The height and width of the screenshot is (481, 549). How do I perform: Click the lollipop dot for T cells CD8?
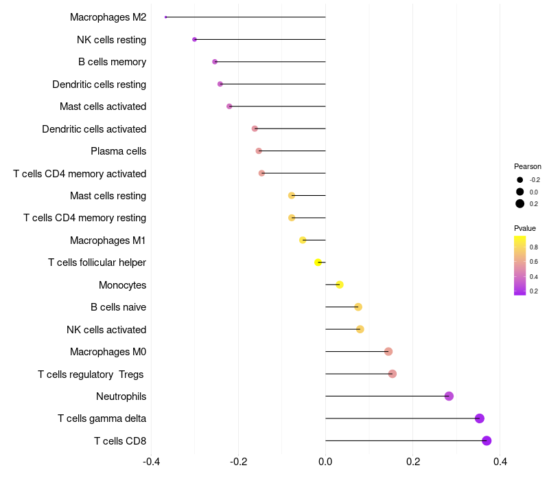[x=487, y=440]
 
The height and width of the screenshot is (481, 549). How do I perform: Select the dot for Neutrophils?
[x=449, y=396]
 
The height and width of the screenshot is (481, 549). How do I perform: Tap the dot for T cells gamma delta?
[x=479, y=418]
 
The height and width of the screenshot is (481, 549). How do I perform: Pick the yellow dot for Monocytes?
[x=339, y=284]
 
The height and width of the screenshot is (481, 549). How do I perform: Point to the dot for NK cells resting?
[x=194, y=39]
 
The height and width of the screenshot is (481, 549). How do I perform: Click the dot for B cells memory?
[x=215, y=62]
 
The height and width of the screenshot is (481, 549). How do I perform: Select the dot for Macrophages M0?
[x=388, y=351]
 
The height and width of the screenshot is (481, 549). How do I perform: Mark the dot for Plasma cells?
[x=259, y=150]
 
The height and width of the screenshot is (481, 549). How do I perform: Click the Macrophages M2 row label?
[x=108, y=17]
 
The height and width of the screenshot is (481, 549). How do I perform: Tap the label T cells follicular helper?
[x=97, y=262]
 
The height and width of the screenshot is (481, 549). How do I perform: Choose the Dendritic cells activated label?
[x=94, y=128]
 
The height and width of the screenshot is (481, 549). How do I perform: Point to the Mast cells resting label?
[x=108, y=196]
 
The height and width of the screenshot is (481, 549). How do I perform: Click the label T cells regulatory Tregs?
[x=92, y=374]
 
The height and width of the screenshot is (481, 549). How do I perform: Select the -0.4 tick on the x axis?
[x=151, y=461]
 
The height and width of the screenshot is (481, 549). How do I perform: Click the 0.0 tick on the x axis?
[x=325, y=461]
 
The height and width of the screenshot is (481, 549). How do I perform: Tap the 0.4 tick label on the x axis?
[x=500, y=461]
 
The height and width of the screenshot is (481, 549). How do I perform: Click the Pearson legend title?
[x=528, y=166]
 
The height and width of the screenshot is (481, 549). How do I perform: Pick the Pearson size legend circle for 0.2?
[x=520, y=203]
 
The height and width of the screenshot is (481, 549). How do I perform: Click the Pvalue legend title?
[x=525, y=228]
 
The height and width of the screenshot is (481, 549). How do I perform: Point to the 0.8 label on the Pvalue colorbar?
[x=534, y=247]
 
